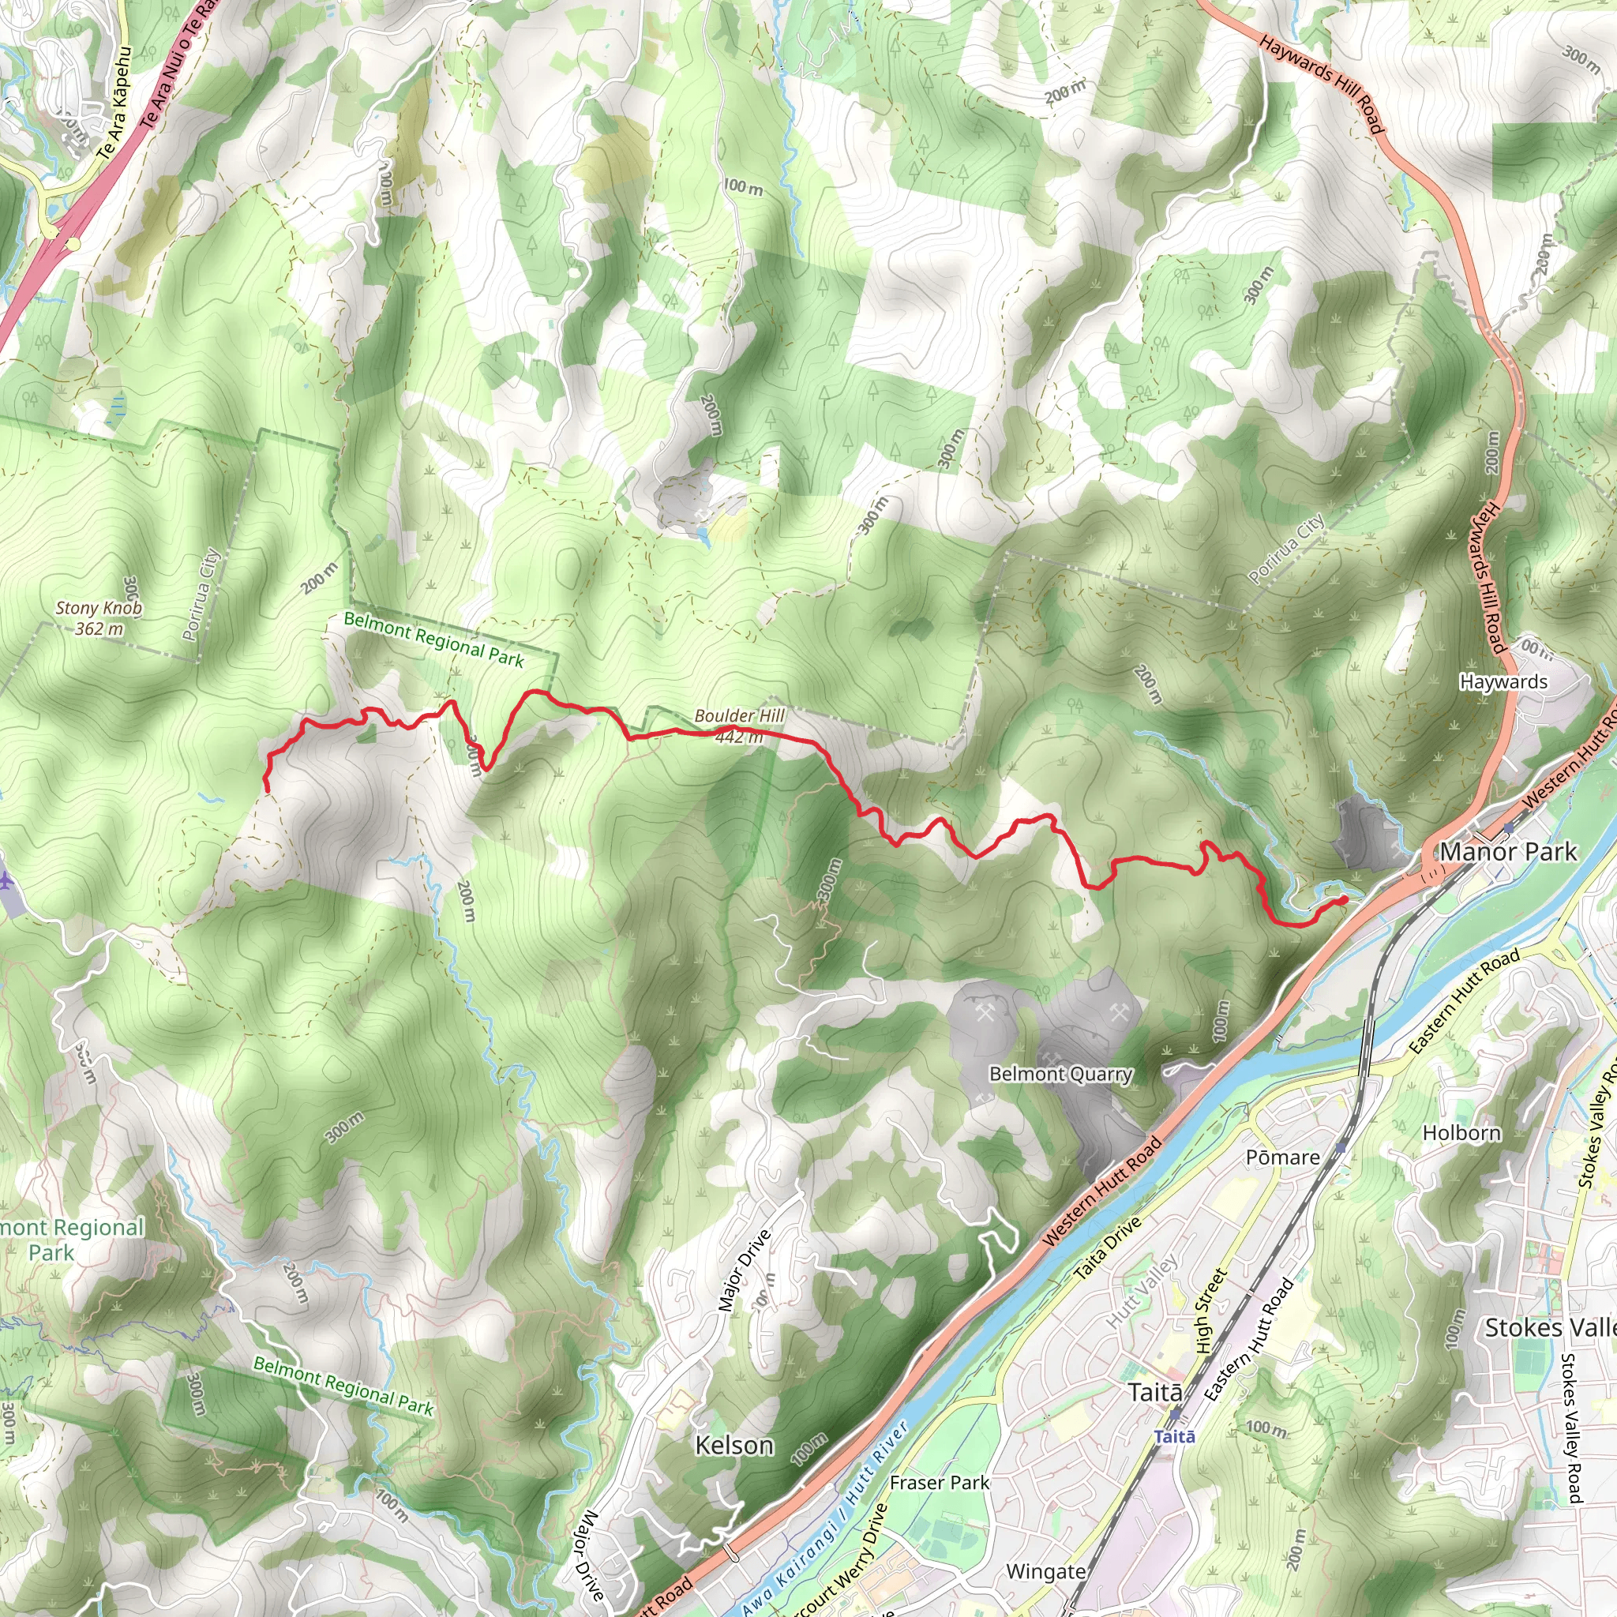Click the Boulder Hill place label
coord(739,715)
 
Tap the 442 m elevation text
coord(739,737)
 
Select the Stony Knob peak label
coord(99,609)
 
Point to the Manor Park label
coord(1508,852)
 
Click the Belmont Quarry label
coord(1060,1074)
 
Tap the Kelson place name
coord(734,1446)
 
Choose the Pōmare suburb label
coord(1283,1157)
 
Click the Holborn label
coord(1461,1133)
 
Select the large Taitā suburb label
coord(1155,1393)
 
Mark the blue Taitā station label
coord(1174,1437)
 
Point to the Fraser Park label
coord(939,1483)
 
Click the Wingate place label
coord(1045,1572)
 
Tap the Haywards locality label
coord(1503,682)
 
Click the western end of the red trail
coord(266,790)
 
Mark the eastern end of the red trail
coord(1344,900)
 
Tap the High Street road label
coord(1210,1311)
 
